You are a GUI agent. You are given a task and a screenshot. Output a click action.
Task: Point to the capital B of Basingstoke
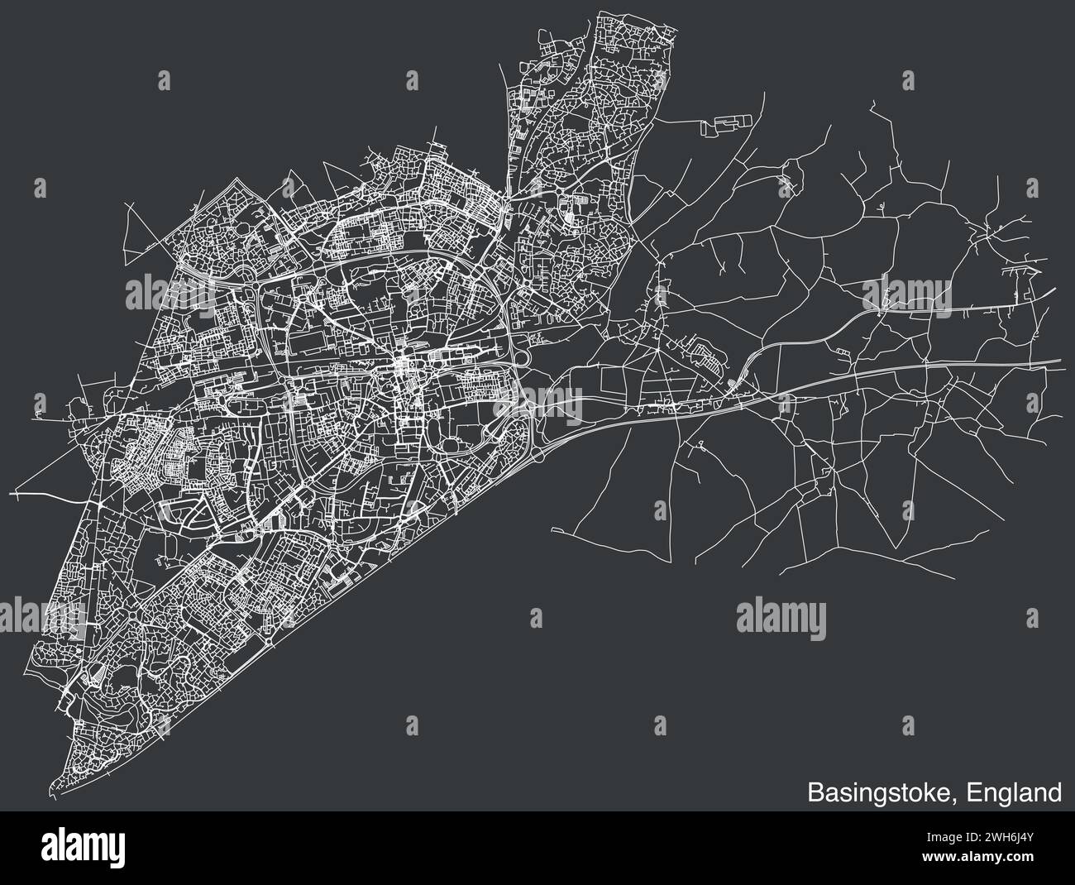coord(815,792)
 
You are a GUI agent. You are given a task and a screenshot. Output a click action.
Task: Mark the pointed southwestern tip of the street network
coord(50,787)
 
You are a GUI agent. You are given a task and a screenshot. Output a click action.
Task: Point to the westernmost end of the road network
coord(14,492)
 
